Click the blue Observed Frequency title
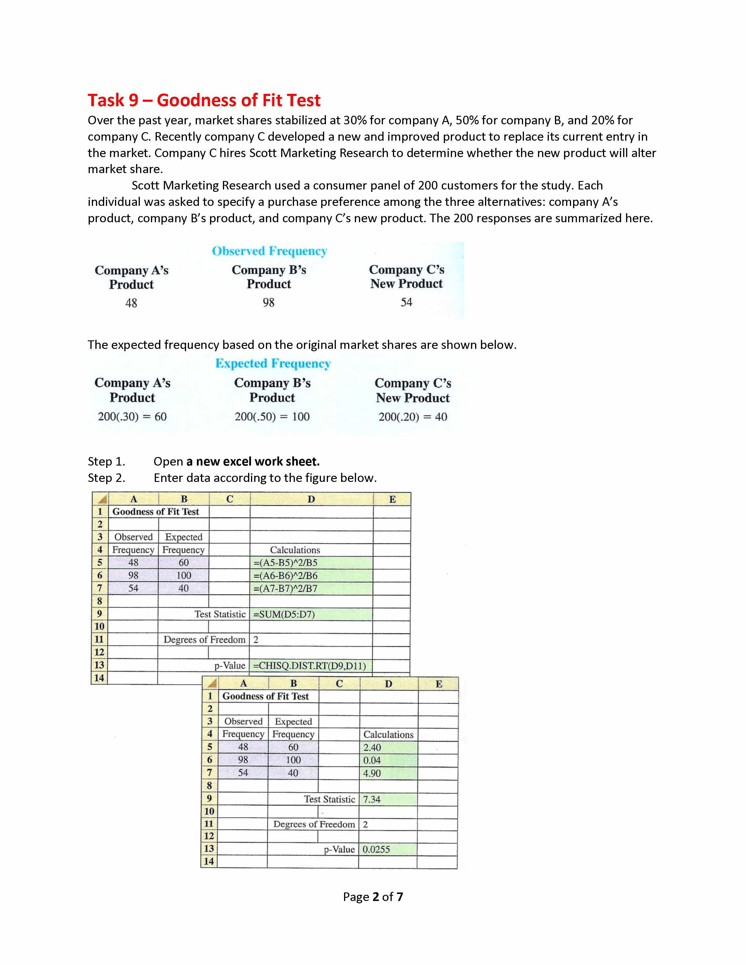tap(269, 251)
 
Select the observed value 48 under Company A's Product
tap(131, 303)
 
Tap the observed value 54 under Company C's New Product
tap(406, 302)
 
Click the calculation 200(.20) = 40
tap(412, 417)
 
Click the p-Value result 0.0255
tap(376, 849)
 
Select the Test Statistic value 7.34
tap(372, 799)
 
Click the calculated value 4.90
tap(372, 773)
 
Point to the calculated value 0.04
tap(372, 760)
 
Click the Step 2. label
tap(106, 478)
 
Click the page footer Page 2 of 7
tap(372, 897)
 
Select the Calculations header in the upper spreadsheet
tap(295, 550)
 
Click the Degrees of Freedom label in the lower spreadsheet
tap(314, 824)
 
